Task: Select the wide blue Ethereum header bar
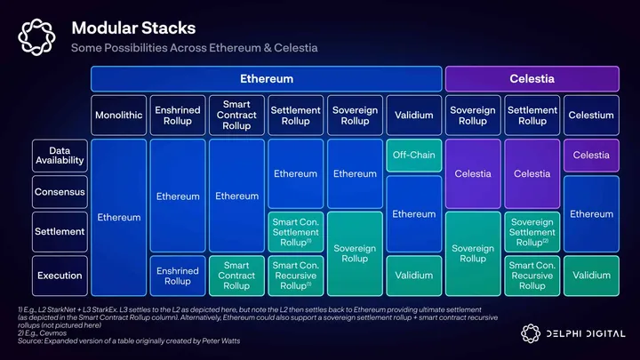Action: [x=266, y=79]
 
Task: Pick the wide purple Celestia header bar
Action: [x=532, y=79]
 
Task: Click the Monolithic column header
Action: [x=118, y=116]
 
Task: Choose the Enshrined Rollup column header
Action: [x=177, y=116]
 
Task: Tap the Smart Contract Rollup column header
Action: [x=236, y=116]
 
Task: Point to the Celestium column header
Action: [x=591, y=116]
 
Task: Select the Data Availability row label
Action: [x=60, y=156]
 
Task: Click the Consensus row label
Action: [x=60, y=192]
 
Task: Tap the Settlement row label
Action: [x=60, y=231]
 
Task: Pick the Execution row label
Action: [x=60, y=276]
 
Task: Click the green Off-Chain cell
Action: [x=413, y=156]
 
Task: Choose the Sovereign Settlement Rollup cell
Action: [x=532, y=231]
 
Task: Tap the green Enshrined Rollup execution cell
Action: [x=177, y=276]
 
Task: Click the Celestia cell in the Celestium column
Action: [x=591, y=156]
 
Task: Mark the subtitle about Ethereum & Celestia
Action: [x=194, y=47]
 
